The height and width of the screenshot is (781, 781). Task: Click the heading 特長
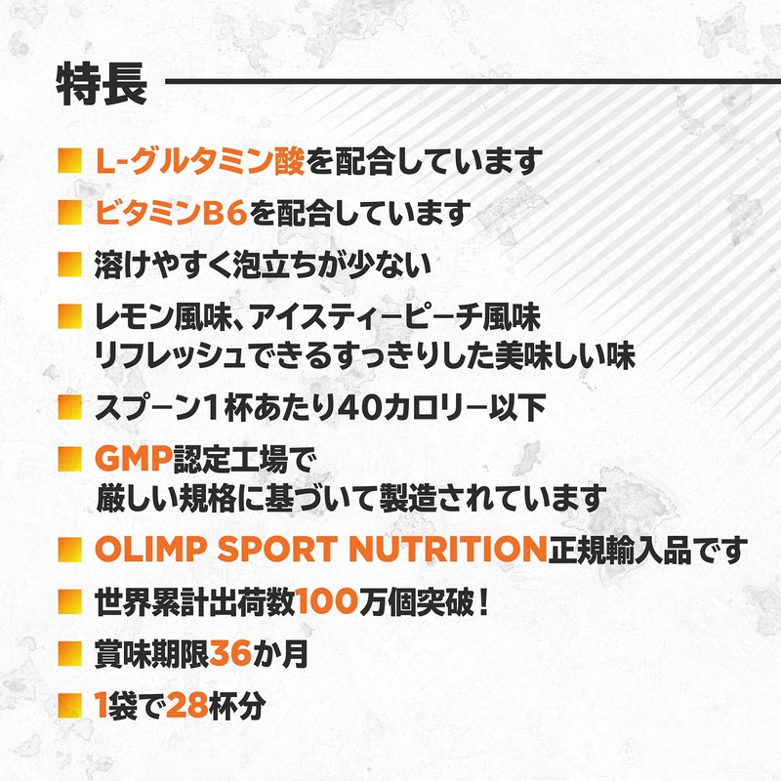[x=102, y=84]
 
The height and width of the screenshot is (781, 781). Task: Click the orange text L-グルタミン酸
[x=200, y=161]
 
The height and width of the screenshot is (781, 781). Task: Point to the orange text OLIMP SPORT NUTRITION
[x=318, y=549]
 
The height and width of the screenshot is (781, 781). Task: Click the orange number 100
[x=339, y=600]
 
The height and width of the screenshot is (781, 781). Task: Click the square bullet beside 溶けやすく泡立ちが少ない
[x=68, y=264]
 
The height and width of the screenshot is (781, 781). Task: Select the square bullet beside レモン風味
[x=68, y=315]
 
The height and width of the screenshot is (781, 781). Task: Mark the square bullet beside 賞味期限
[x=68, y=651]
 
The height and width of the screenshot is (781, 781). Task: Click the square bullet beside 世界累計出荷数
[x=68, y=599]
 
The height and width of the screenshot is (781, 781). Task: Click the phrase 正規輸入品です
[x=644, y=549]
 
